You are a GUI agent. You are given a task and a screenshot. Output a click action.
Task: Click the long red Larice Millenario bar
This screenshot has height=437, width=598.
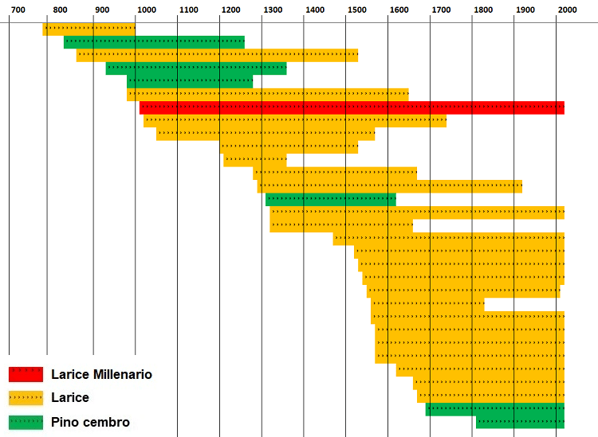pyautogui.click(x=352, y=108)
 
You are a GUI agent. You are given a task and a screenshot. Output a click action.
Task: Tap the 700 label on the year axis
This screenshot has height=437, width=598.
pyautogui.click(x=18, y=10)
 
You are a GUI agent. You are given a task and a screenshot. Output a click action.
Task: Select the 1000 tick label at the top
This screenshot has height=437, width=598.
pyautogui.click(x=146, y=10)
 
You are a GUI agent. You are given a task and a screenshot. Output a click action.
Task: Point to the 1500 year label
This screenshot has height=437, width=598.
pyautogui.click(x=356, y=10)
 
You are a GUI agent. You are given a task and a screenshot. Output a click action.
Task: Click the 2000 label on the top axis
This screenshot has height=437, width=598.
pyautogui.click(x=566, y=10)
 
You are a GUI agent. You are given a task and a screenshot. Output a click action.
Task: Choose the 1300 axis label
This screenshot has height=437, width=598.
pyautogui.click(x=273, y=10)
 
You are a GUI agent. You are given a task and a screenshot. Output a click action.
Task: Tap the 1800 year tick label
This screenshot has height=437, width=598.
pyautogui.click(x=482, y=10)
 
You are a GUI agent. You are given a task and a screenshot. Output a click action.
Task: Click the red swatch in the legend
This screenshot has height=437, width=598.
pyautogui.click(x=26, y=374)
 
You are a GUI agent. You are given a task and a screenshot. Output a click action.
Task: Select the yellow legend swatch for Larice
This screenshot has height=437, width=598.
pyautogui.click(x=26, y=398)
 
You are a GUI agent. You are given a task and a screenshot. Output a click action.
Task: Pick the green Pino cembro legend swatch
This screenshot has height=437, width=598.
pyautogui.click(x=26, y=422)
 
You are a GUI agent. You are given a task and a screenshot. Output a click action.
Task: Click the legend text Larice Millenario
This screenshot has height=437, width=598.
pyautogui.click(x=101, y=374)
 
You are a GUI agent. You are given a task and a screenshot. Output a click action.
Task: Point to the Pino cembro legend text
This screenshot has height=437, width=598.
pyautogui.click(x=90, y=422)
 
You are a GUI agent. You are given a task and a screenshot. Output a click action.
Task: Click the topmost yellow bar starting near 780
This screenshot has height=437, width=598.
pyautogui.click(x=89, y=29)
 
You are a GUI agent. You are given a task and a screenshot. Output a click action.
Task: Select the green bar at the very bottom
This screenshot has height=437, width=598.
pyautogui.click(x=520, y=422)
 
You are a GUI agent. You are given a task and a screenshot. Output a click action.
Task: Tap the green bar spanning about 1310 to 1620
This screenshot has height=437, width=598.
pyautogui.click(x=330, y=200)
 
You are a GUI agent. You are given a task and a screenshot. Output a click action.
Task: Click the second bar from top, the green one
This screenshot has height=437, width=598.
pyautogui.click(x=154, y=42)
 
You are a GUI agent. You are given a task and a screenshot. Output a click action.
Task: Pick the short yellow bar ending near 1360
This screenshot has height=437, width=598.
pyautogui.click(x=254, y=161)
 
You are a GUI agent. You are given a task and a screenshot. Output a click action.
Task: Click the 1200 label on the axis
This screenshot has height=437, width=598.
pyautogui.click(x=230, y=10)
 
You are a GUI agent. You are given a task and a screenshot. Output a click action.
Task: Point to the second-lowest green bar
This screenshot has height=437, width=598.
pyautogui.click(x=494, y=409)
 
